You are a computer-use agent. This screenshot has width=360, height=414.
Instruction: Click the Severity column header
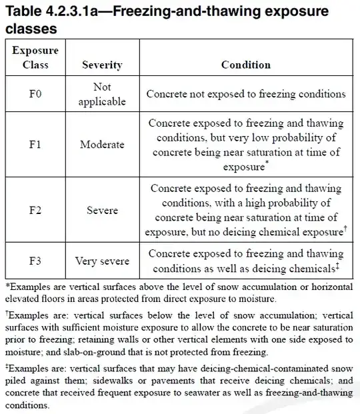point(101,65)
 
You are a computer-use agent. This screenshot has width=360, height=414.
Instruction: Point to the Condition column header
point(246,65)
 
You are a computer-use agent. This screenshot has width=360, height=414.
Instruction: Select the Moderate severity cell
point(102,145)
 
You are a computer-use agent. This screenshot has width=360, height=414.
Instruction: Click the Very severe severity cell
point(102,261)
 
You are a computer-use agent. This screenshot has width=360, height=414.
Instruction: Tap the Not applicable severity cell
point(102,95)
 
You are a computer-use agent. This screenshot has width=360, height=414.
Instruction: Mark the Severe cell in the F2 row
point(102,211)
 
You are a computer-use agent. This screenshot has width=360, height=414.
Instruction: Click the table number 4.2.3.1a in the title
point(69,12)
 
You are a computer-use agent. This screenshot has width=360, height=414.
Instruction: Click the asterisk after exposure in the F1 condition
point(267,163)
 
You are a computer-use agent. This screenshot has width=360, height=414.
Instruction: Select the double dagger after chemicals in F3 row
point(339,266)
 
